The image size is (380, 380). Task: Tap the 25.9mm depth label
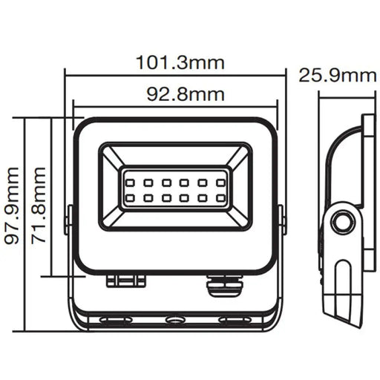337,74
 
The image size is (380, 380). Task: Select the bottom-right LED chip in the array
220,198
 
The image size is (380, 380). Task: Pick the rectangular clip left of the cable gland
125,280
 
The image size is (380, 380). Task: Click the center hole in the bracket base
175,321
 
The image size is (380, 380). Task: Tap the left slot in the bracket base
115,321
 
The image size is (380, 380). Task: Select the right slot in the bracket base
235,321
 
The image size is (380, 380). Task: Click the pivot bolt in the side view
343,224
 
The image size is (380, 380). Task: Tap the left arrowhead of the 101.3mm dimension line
69,73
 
